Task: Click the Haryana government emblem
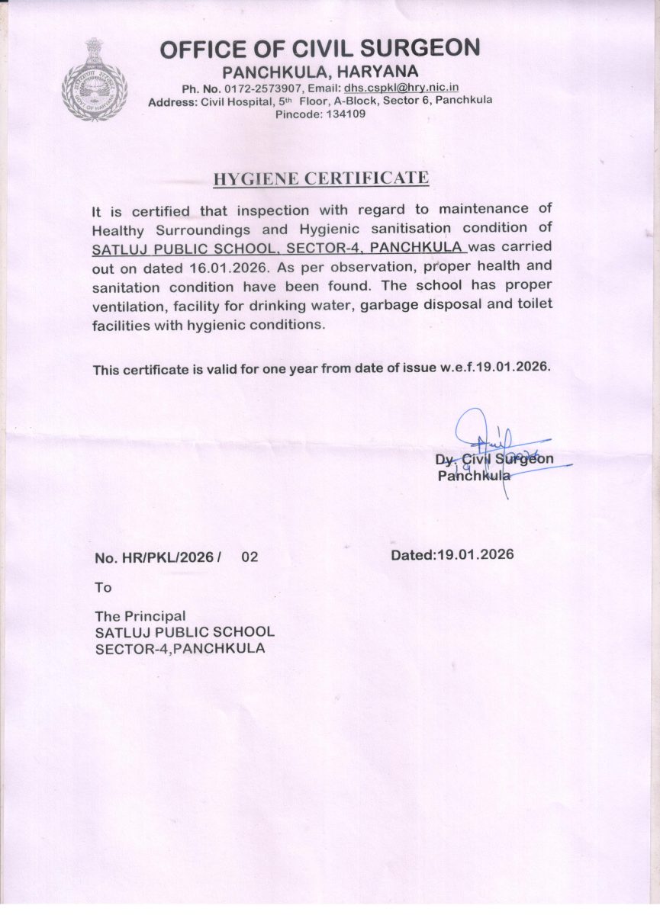coord(95,80)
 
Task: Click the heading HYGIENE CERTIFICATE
coord(320,178)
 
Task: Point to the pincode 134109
coord(343,114)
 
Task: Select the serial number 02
coord(250,557)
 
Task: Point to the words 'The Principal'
coord(140,615)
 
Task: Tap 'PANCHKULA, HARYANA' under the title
coord(320,72)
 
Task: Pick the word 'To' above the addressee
coord(103,587)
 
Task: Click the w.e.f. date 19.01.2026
coord(513,368)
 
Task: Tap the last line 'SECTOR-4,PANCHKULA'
coord(180,649)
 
